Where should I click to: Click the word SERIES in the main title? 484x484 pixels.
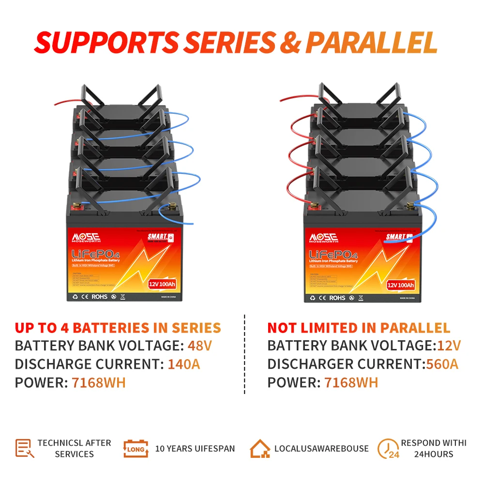(227, 43)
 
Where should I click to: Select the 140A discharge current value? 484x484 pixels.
(184, 364)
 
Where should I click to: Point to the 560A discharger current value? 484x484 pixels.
(442, 364)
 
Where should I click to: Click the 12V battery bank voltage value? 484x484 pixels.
(449, 346)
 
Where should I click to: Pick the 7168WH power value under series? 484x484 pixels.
(99, 382)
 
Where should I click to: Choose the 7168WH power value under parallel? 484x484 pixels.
(351, 382)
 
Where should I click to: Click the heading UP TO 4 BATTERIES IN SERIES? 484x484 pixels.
(118, 328)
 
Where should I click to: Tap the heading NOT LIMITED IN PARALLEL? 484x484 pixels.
(359, 328)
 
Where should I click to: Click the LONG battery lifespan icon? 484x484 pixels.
(135, 448)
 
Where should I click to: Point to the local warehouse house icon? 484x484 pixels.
(260, 448)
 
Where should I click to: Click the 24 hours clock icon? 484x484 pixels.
(388, 448)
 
